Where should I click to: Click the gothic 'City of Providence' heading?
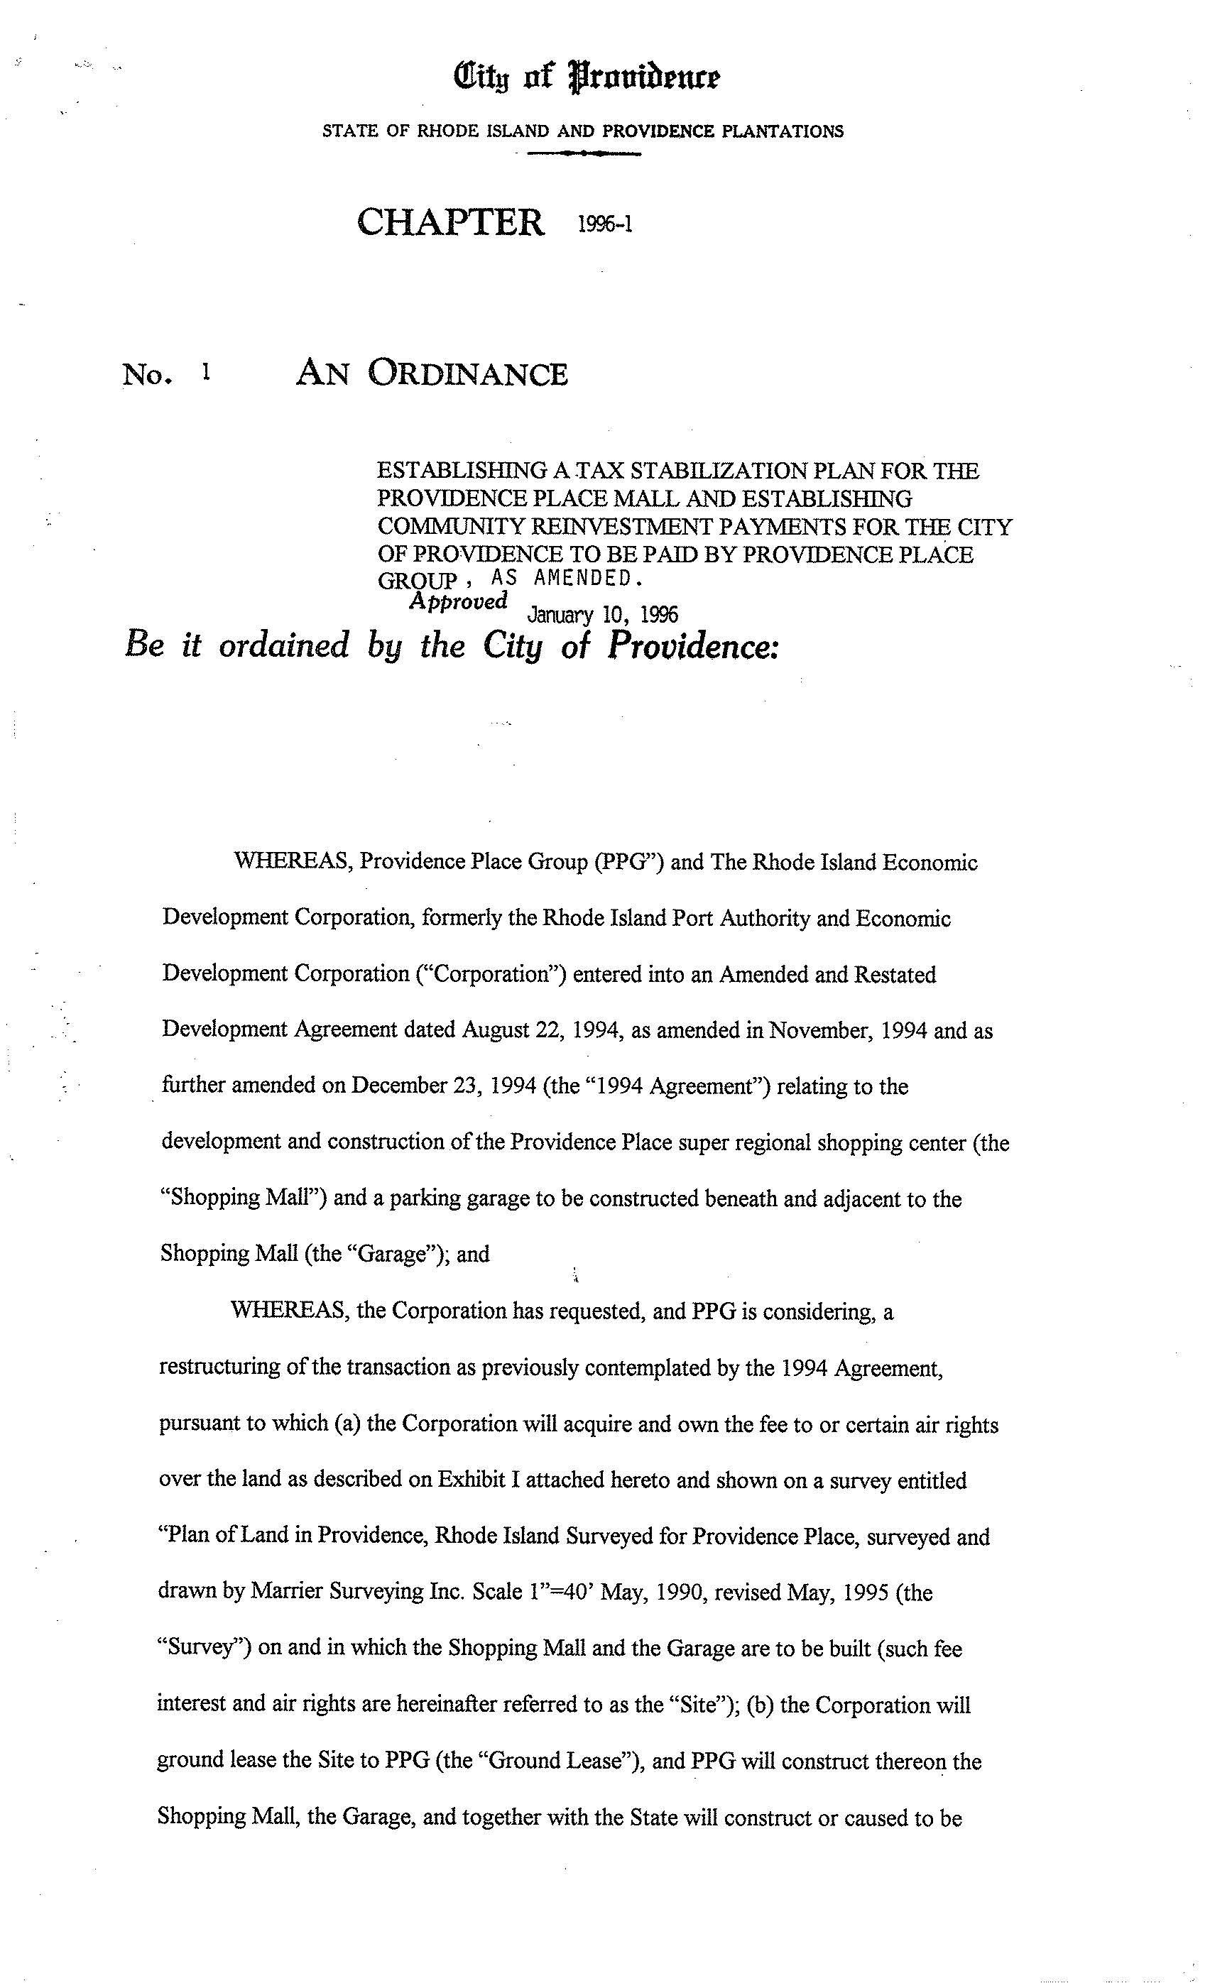pos(587,78)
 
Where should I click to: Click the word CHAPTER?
pos(450,222)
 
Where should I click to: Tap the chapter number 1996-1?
pos(605,224)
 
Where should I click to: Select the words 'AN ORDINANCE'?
pos(432,373)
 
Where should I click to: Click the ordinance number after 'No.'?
pos(207,372)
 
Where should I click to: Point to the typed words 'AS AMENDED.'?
pos(566,579)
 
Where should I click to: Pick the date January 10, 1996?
pos(601,616)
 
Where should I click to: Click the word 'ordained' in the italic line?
pos(284,645)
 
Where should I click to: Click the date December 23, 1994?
pos(444,1086)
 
